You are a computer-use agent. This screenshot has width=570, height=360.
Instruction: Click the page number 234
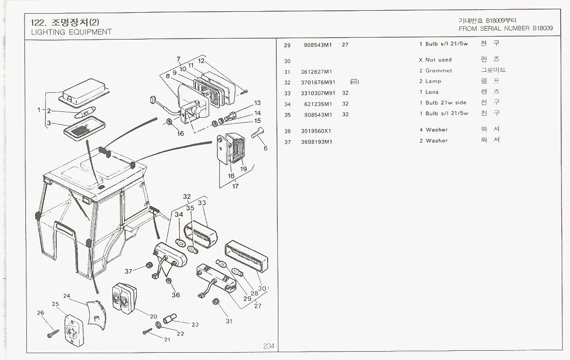269,346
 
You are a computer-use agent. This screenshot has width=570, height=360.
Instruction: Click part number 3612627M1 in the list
317,71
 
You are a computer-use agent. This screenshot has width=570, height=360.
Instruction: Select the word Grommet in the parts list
439,71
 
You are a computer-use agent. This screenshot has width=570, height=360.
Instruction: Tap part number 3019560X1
317,130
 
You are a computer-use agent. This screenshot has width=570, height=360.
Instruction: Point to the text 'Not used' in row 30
439,60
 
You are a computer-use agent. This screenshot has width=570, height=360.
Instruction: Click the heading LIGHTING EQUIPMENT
71,32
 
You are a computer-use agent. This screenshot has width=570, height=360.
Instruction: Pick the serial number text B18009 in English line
543,28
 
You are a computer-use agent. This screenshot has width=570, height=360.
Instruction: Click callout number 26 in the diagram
41,313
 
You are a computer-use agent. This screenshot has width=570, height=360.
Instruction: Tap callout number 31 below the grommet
229,321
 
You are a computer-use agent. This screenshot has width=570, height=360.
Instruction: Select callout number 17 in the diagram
235,186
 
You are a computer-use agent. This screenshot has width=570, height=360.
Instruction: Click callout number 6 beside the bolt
266,148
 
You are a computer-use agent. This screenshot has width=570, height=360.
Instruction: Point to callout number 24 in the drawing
67,296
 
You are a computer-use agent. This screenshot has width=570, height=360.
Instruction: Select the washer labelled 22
159,325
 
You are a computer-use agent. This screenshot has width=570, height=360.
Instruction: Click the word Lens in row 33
432,92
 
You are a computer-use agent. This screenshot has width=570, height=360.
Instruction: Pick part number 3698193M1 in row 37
317,141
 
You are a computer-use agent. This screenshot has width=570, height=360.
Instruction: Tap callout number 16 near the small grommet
180,133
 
